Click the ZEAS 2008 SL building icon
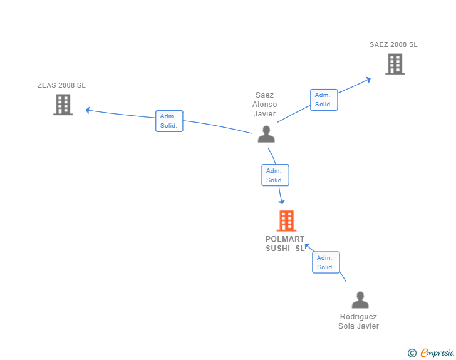click(x=63, y=105)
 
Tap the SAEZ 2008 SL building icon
click(x=395, y=64)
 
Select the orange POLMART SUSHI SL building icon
click(x=286, y=221)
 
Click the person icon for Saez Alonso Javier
click(x=266, y=134)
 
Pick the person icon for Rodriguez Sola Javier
click(x=360, y=300)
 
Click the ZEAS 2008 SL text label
click(x=61, y=85)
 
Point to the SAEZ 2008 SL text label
click(x=393, y=44)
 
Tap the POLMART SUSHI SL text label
click(x=285, y=244)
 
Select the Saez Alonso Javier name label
click(x=264, y=104)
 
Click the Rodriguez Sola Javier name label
click(x=358, y=321)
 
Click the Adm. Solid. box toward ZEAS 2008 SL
click(x=169, y=121)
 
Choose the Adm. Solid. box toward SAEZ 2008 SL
click(x=324, y=100)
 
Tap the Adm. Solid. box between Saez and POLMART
click(x=275, y=175)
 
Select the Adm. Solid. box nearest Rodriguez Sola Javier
click(x=326, y=262)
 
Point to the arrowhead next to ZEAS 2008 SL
click(x=87, y=110)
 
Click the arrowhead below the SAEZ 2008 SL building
click(x=368, y=80)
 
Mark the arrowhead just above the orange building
click(x=281, y=202)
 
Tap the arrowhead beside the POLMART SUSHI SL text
click(x=307, y=246)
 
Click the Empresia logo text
click(x=437, y=352)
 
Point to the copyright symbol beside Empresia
click(x=412, y=353)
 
